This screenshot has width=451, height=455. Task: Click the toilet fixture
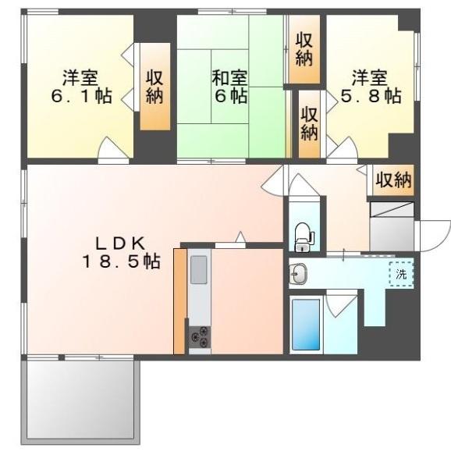coord(304,236)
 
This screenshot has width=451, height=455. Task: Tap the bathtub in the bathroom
coord(306,325)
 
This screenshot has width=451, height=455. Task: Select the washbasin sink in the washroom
coord(298,273)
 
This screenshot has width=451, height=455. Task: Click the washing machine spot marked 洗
coord(401,274)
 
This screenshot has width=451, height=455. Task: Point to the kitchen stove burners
coord(200,336)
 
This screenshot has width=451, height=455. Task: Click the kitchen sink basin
coord(199,270)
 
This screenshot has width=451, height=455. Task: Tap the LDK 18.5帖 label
coord(121,252)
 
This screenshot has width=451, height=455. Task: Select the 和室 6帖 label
coord(229,87)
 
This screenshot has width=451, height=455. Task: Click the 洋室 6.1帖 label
coord(81,87)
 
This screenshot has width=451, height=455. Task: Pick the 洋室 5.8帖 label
coord(371,87)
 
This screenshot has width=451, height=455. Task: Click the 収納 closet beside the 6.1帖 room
coord(154,87)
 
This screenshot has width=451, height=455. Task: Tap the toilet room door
coord(304,185)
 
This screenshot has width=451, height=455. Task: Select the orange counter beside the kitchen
coord(179,301)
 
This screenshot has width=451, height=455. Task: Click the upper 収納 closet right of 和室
coord(304,49)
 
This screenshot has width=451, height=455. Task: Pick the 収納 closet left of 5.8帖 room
coord(309,124)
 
